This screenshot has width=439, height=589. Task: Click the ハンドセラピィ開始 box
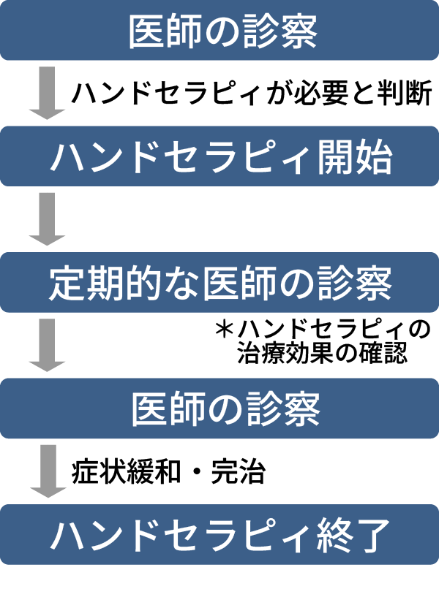[x=219, y=156]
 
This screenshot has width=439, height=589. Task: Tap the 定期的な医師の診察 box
[x=219, y=282]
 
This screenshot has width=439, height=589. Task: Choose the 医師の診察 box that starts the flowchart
[x=219, y=31]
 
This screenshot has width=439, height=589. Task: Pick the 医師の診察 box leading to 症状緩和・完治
[x=219, y=408]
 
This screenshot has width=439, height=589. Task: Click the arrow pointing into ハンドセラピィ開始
[x=48, y=94]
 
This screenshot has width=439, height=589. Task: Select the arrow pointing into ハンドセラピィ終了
[x=48, y=471]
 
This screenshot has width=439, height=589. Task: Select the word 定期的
[x=95, y=282]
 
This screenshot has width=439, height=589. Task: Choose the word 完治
[x=236, y=472]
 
